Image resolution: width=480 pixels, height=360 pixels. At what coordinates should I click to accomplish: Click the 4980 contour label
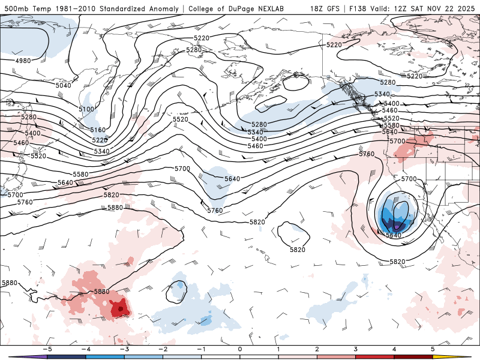pos(23,61)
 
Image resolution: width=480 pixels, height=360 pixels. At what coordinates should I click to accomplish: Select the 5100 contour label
pos(86,109)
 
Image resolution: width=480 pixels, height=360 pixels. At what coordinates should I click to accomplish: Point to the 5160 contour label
pos(98,130)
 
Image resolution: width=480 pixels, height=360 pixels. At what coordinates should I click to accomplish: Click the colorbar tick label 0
pos(239,349)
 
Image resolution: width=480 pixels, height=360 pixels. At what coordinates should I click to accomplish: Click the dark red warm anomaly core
pos(120,308)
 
